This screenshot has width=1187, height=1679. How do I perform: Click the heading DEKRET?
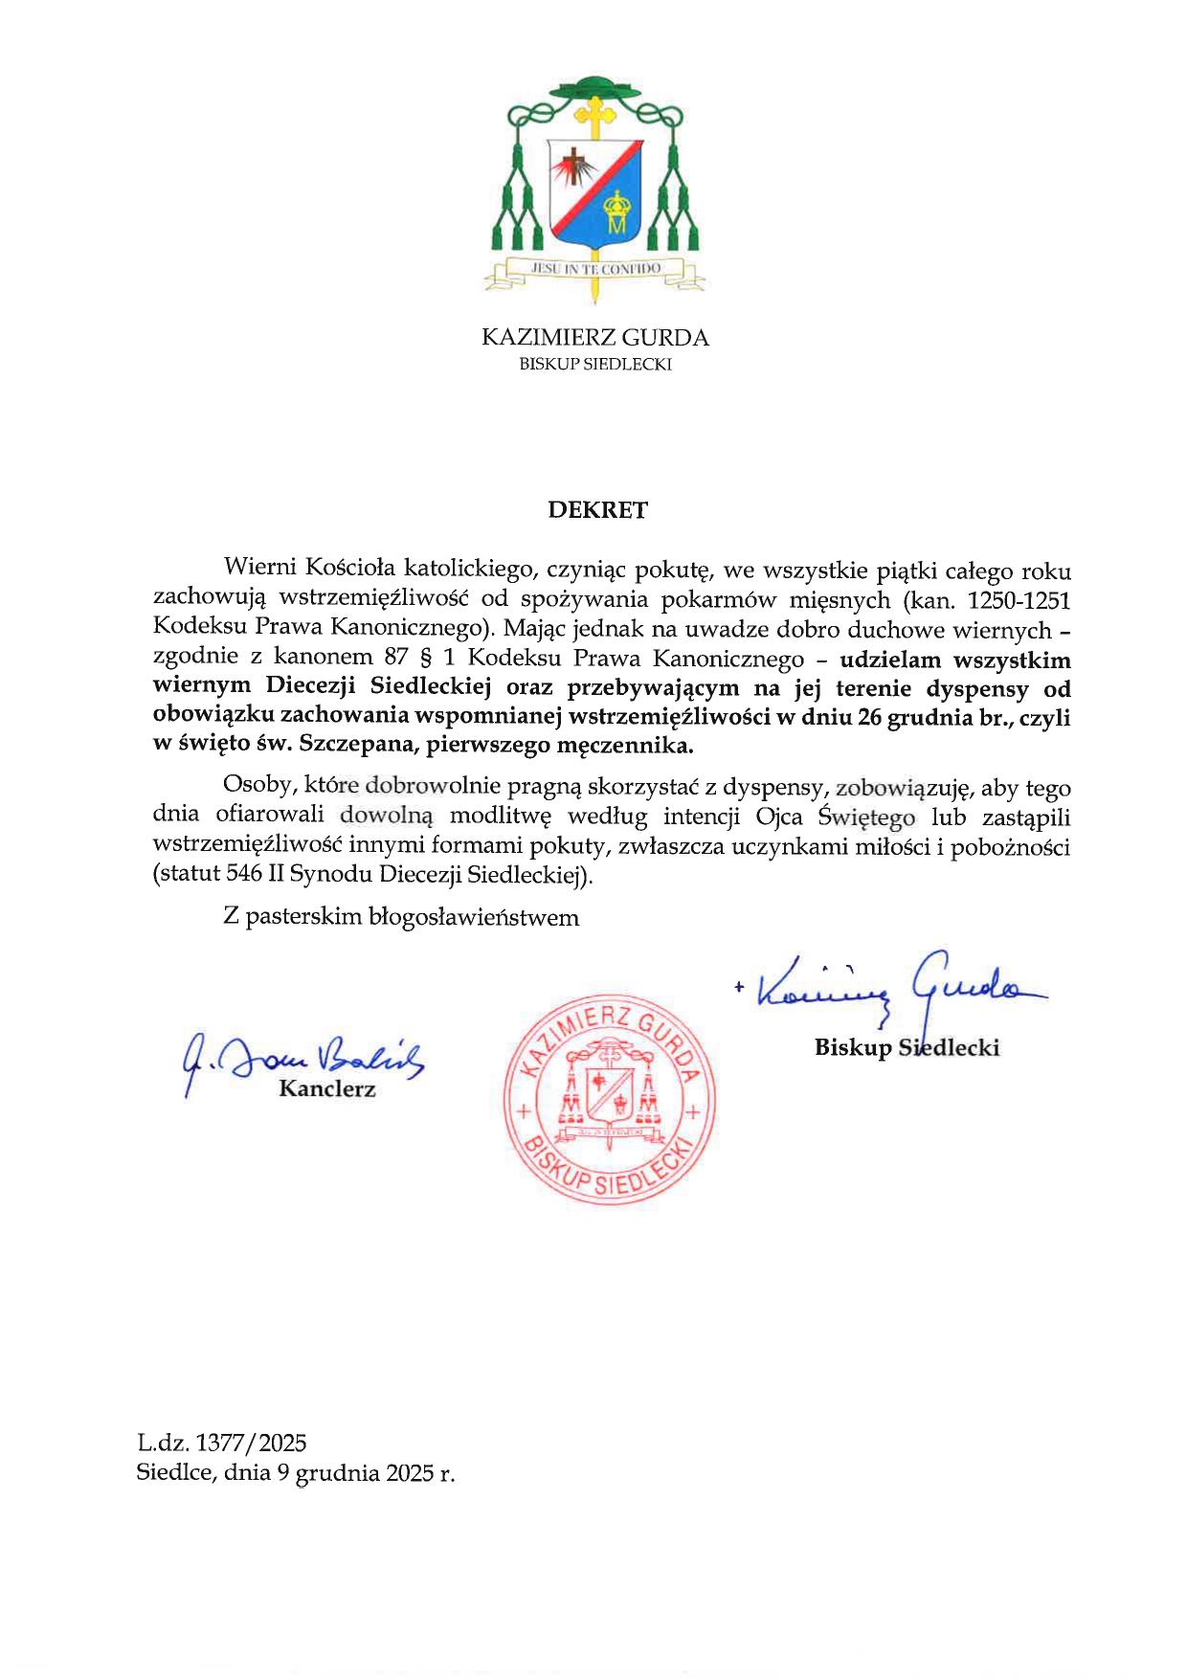click(597, 510)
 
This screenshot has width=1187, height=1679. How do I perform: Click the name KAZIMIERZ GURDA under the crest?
click(594, 338)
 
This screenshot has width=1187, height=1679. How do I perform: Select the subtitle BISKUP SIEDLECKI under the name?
click(594, 365)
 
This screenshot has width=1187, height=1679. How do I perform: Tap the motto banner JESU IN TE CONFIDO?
click(595, 269)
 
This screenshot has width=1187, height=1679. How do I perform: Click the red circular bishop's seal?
click(610, 1098)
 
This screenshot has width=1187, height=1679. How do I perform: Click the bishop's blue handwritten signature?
click(890, 986)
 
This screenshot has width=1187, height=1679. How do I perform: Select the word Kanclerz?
click(327, 1089)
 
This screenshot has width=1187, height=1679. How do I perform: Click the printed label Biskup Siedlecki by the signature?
click(907, 1048)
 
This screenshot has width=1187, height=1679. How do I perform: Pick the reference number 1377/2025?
click(251, 1444)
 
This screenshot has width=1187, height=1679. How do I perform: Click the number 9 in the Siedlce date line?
click(283, 1473)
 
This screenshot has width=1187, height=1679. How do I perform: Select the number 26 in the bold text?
click(869, 718)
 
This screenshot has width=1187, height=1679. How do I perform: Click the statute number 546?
click(244, 874)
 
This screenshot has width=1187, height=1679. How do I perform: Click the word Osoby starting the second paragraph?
click(257, 785)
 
